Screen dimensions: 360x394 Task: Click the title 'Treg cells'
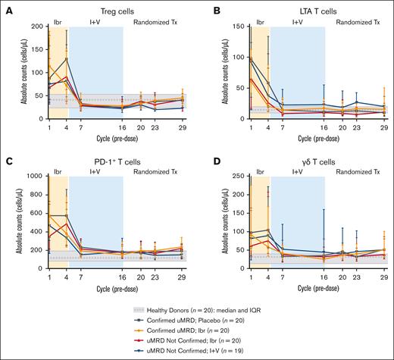coord(117,7)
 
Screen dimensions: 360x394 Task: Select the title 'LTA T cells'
coord(312,7)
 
